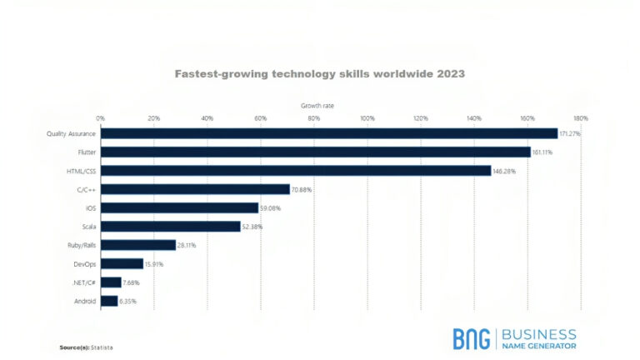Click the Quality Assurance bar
point(329,133)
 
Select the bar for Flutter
point(316,152)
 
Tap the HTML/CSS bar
point(296,170)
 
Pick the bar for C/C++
point(195,189)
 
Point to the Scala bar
point(171,226)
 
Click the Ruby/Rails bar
point(138,245)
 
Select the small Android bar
point(109,301)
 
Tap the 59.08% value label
point(271,207)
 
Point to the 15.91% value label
point(155,264)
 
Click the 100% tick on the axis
point(367,118)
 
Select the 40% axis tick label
point(207,118)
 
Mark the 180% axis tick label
point(581,118)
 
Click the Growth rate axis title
point(317,106)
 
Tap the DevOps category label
point(84,264)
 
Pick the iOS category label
point(91,207)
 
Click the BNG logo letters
point(472,338)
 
